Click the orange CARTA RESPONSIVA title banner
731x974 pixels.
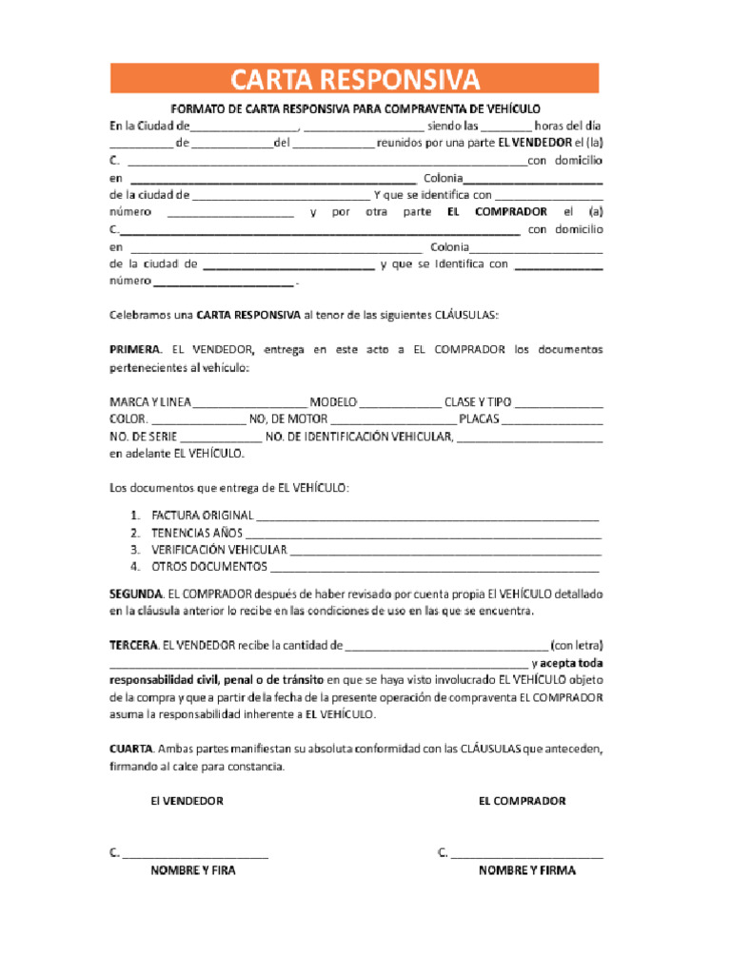[x=354, y=78]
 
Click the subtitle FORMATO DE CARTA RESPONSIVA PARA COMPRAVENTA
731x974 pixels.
[x=354, y=109]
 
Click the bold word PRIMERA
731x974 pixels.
[x=135, y=350]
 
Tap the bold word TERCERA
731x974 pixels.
[x=134, y=646]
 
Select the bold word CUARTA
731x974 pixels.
[x=131, y=750]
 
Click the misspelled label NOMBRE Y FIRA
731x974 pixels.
[x=193, y=870]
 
